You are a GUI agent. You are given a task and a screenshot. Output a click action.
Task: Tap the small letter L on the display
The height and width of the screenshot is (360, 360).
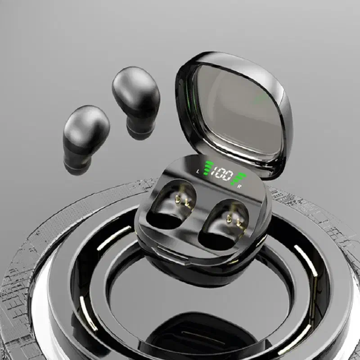[198, 171]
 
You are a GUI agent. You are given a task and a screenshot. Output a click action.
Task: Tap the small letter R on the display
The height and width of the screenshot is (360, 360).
[239, 186]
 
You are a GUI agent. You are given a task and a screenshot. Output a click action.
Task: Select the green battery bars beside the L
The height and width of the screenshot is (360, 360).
[208, 168]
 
